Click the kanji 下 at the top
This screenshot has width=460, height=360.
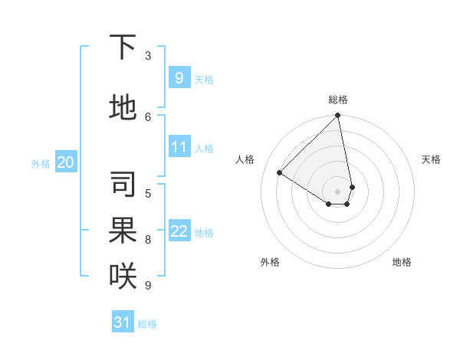[x=123, y=48]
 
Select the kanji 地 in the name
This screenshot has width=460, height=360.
[x=123, y=108]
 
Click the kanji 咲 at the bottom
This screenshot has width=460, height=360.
[x=123, y=277]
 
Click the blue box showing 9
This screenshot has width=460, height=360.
[x=179, y=77]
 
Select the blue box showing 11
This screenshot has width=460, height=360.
[x=179, y=147]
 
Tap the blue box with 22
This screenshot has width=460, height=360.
[x=179, y=231]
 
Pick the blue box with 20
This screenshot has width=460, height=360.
[x=66, y=162]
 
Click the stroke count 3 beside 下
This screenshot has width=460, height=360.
[x=148, y=56]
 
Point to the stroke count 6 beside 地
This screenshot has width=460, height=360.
[x=148, y=116]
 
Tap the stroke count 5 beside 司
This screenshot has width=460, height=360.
[x=148, y=193]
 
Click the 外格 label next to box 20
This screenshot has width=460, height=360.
[x=41, y=163]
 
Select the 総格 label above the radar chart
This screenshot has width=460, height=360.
[x=338, y=100]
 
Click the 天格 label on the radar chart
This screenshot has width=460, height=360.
[x=431, y=159]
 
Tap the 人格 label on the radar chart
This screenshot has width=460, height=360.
[x=245, y=159]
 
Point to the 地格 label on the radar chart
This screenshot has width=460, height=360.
[x=402, y=262]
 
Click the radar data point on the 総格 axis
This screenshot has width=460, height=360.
[x=338, y=116]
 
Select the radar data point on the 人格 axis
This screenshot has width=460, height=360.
[x=279, y=173]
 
